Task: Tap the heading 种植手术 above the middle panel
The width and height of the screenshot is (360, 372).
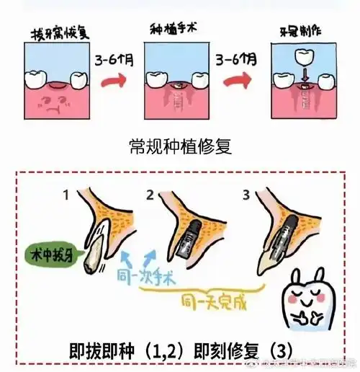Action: pyautogui.click(x=173, y=30)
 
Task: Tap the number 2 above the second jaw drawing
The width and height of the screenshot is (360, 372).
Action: pyautogui.click(x=150, y=195)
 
